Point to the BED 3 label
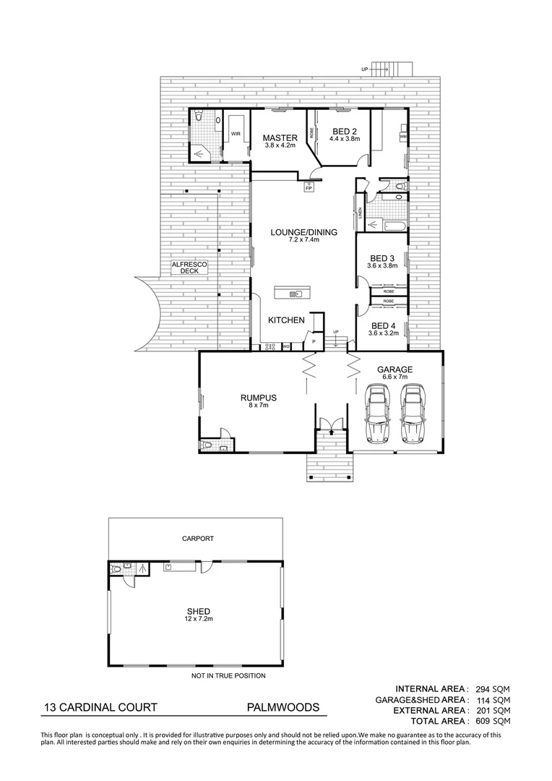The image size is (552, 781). [382, 258]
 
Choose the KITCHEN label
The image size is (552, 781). [286, 320]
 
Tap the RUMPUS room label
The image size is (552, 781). [259, 397]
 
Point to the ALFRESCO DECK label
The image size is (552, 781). [190, 269]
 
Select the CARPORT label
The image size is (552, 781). [197, 539]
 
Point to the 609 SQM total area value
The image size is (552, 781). [495, 721]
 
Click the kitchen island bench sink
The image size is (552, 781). [295, 294]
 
